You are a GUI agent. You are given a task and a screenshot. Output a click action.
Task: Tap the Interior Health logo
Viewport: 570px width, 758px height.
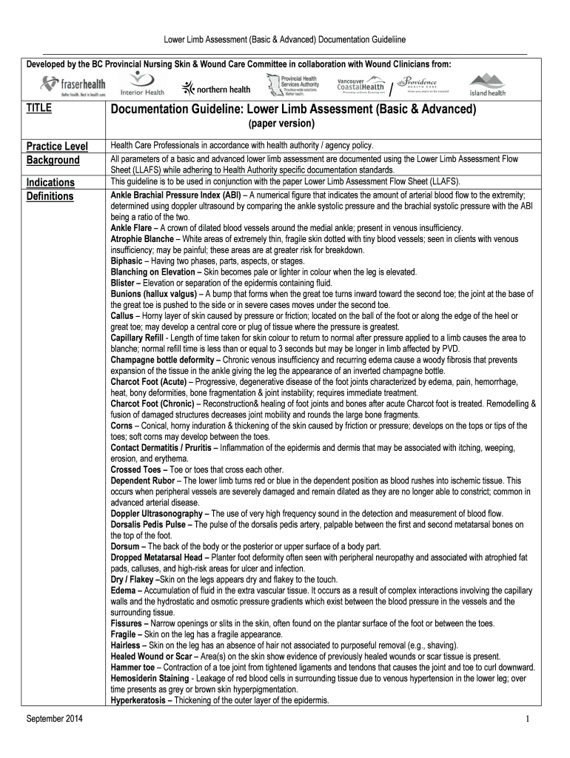[142, 86]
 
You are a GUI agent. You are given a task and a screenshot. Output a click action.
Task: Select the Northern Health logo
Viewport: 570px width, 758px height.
[215, 90]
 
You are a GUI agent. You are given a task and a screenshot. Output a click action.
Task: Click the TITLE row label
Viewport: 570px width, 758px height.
[38, 108]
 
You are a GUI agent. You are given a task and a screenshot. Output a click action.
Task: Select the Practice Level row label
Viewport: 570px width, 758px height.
[57, 146]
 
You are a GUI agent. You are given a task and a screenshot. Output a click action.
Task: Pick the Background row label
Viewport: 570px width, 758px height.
[53, 160]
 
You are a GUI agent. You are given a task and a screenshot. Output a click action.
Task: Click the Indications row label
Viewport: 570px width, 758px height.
[50, 182]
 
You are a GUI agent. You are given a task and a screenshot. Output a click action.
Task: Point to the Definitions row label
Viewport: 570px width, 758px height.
[50, 196]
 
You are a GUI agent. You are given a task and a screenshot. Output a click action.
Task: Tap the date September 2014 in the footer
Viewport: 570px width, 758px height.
[55, 720]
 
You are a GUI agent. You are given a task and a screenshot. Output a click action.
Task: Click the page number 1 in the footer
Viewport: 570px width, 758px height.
[526, 720]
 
